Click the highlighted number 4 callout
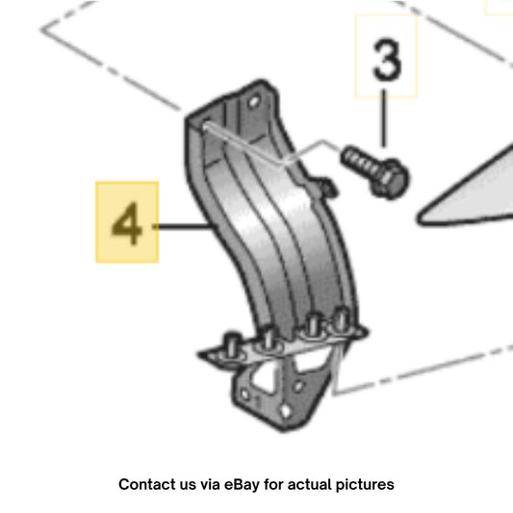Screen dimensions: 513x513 click(127, 222)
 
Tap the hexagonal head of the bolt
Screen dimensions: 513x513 click(390, 178)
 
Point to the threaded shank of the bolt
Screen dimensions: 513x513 click(359, 161)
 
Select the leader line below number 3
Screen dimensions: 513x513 click(383, 118)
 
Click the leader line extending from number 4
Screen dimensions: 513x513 click(184, 226)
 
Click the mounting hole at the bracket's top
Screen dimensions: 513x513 click(254, 102)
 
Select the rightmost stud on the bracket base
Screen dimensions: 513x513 click(342, 320)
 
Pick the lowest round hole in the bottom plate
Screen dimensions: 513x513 click(286, 411)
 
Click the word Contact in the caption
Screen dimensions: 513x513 click(144, 484)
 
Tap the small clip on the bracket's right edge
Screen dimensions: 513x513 click(326, 187)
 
